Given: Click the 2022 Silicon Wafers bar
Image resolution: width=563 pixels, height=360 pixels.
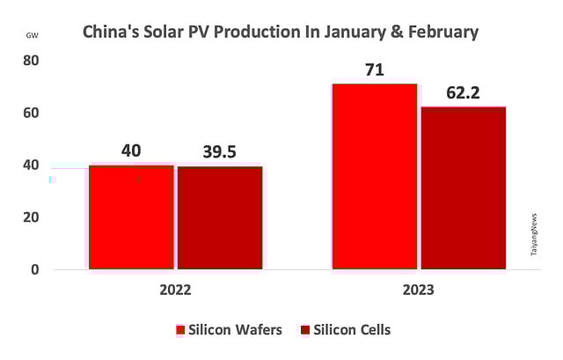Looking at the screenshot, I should tap(131, 217).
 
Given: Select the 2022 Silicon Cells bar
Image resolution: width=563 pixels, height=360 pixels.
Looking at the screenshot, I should tap(220, 217).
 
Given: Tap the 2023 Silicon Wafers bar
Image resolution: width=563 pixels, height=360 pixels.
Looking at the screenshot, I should tap(374, 176).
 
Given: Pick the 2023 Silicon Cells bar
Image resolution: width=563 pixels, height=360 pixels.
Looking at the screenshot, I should tap(463, 187).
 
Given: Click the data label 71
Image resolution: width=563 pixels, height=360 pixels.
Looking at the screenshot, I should tap(375, 70).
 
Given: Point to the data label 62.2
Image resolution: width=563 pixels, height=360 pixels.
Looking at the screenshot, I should tap(463, 92).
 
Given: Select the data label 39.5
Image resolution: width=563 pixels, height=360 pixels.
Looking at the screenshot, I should tap(220, 151).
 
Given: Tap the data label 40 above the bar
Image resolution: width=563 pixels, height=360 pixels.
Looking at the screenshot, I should tap(131, 151).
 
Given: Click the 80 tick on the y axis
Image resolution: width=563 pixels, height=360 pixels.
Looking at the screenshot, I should tap(31, 61).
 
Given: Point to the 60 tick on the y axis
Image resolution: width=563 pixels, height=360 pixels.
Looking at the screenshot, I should tap(31, 114).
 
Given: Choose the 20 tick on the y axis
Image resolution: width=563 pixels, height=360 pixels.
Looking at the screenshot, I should tap(31, 217).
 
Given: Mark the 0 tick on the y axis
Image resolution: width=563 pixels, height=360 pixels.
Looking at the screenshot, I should tap(34, 269).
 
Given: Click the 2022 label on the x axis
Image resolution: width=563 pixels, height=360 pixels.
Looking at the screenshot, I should tap(175, 288).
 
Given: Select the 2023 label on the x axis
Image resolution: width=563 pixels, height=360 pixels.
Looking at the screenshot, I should tap(418, 288).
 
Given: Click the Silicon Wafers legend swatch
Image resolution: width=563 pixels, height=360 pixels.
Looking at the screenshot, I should tap(180, 330).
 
